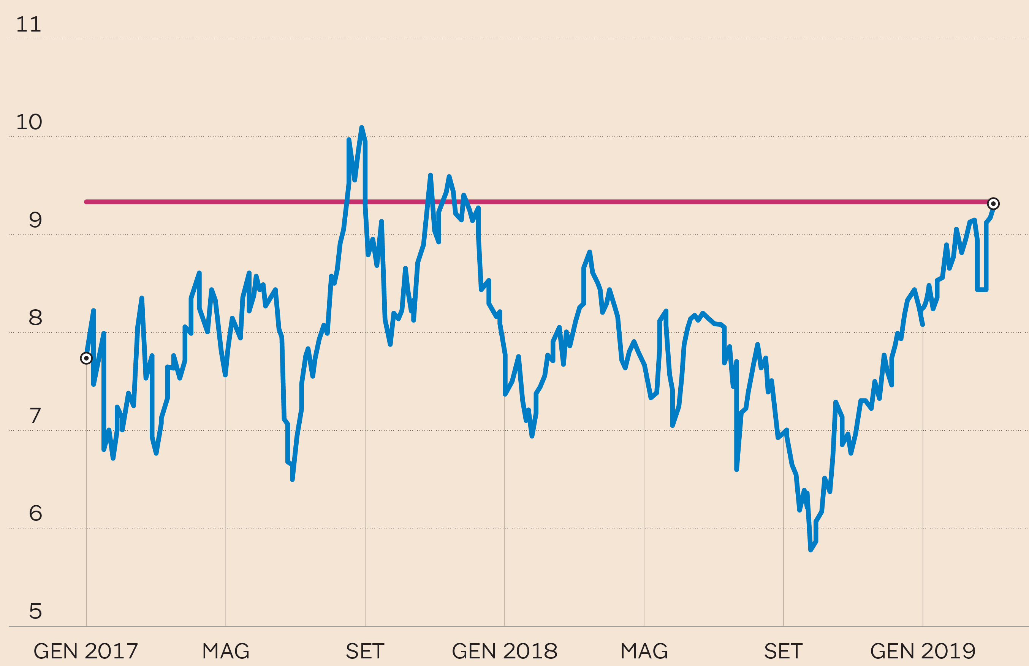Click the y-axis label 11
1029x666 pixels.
pos(28,25)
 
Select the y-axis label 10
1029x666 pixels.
pos(29,122)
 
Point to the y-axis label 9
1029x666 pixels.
pos(35,220)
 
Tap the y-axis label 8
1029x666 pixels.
pos(35,318)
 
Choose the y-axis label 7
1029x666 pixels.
pos(35,416)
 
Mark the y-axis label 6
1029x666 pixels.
pos(35,513)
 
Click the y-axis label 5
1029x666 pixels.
pos(35,611)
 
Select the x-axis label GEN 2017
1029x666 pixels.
pos(85,651)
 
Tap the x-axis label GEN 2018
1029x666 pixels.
pos(505,651)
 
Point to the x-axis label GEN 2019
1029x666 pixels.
pos(923,651)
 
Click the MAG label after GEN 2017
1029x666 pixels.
pos(226,651)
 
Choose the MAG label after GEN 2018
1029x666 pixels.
pos(644,651)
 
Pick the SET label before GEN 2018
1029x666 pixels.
pos(365,651)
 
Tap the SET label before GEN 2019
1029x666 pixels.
pos(784,651)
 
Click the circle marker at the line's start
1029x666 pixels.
pos(86,358)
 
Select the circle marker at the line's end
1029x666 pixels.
pos(993,204)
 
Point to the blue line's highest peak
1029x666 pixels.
pos(362,128)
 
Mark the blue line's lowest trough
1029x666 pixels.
pos(811,550)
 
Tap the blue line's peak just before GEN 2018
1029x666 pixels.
pos(449,176)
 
